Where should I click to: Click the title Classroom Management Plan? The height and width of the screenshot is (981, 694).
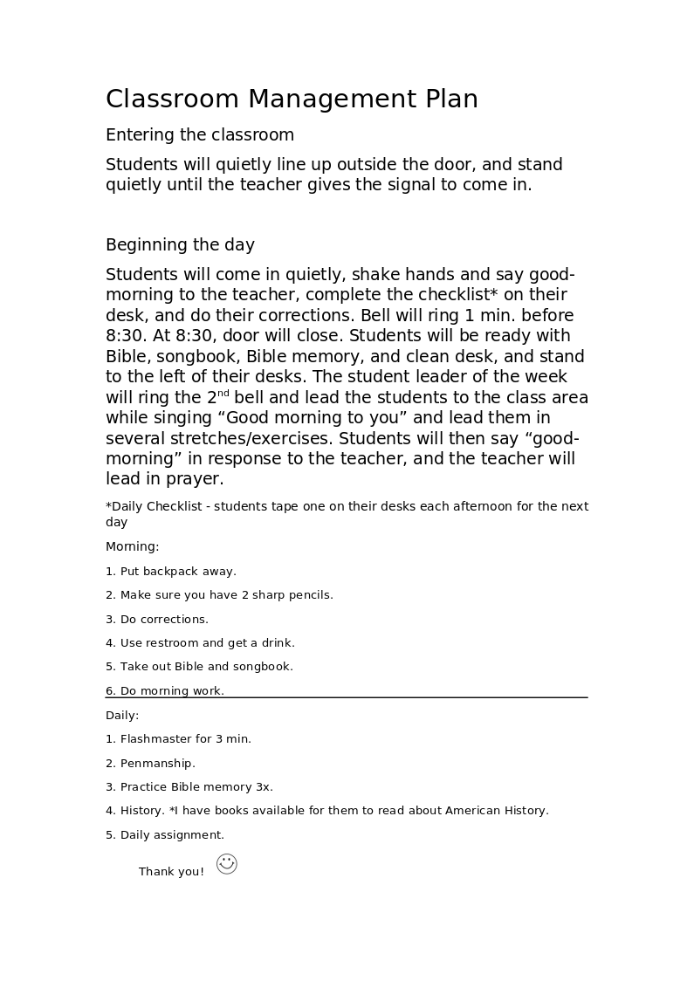(292, 99)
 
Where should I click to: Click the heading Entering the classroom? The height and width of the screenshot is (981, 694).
(200, 135)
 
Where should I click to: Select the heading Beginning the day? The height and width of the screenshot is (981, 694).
(180, 245)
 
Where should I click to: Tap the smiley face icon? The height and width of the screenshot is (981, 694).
(227, 864)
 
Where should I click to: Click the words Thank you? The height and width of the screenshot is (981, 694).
(171, 872)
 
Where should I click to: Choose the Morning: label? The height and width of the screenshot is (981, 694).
(133, 547)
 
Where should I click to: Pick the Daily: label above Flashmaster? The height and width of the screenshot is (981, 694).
(122, 716)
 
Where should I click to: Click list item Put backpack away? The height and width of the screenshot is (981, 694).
(177, 572)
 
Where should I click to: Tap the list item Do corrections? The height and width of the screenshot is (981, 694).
(164, 620)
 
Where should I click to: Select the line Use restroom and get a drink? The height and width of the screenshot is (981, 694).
(207, 643)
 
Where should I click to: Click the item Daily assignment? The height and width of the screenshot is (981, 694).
(171, 835)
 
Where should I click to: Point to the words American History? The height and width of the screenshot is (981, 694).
(496, 811)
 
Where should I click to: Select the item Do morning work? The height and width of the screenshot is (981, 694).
(171, 691)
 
